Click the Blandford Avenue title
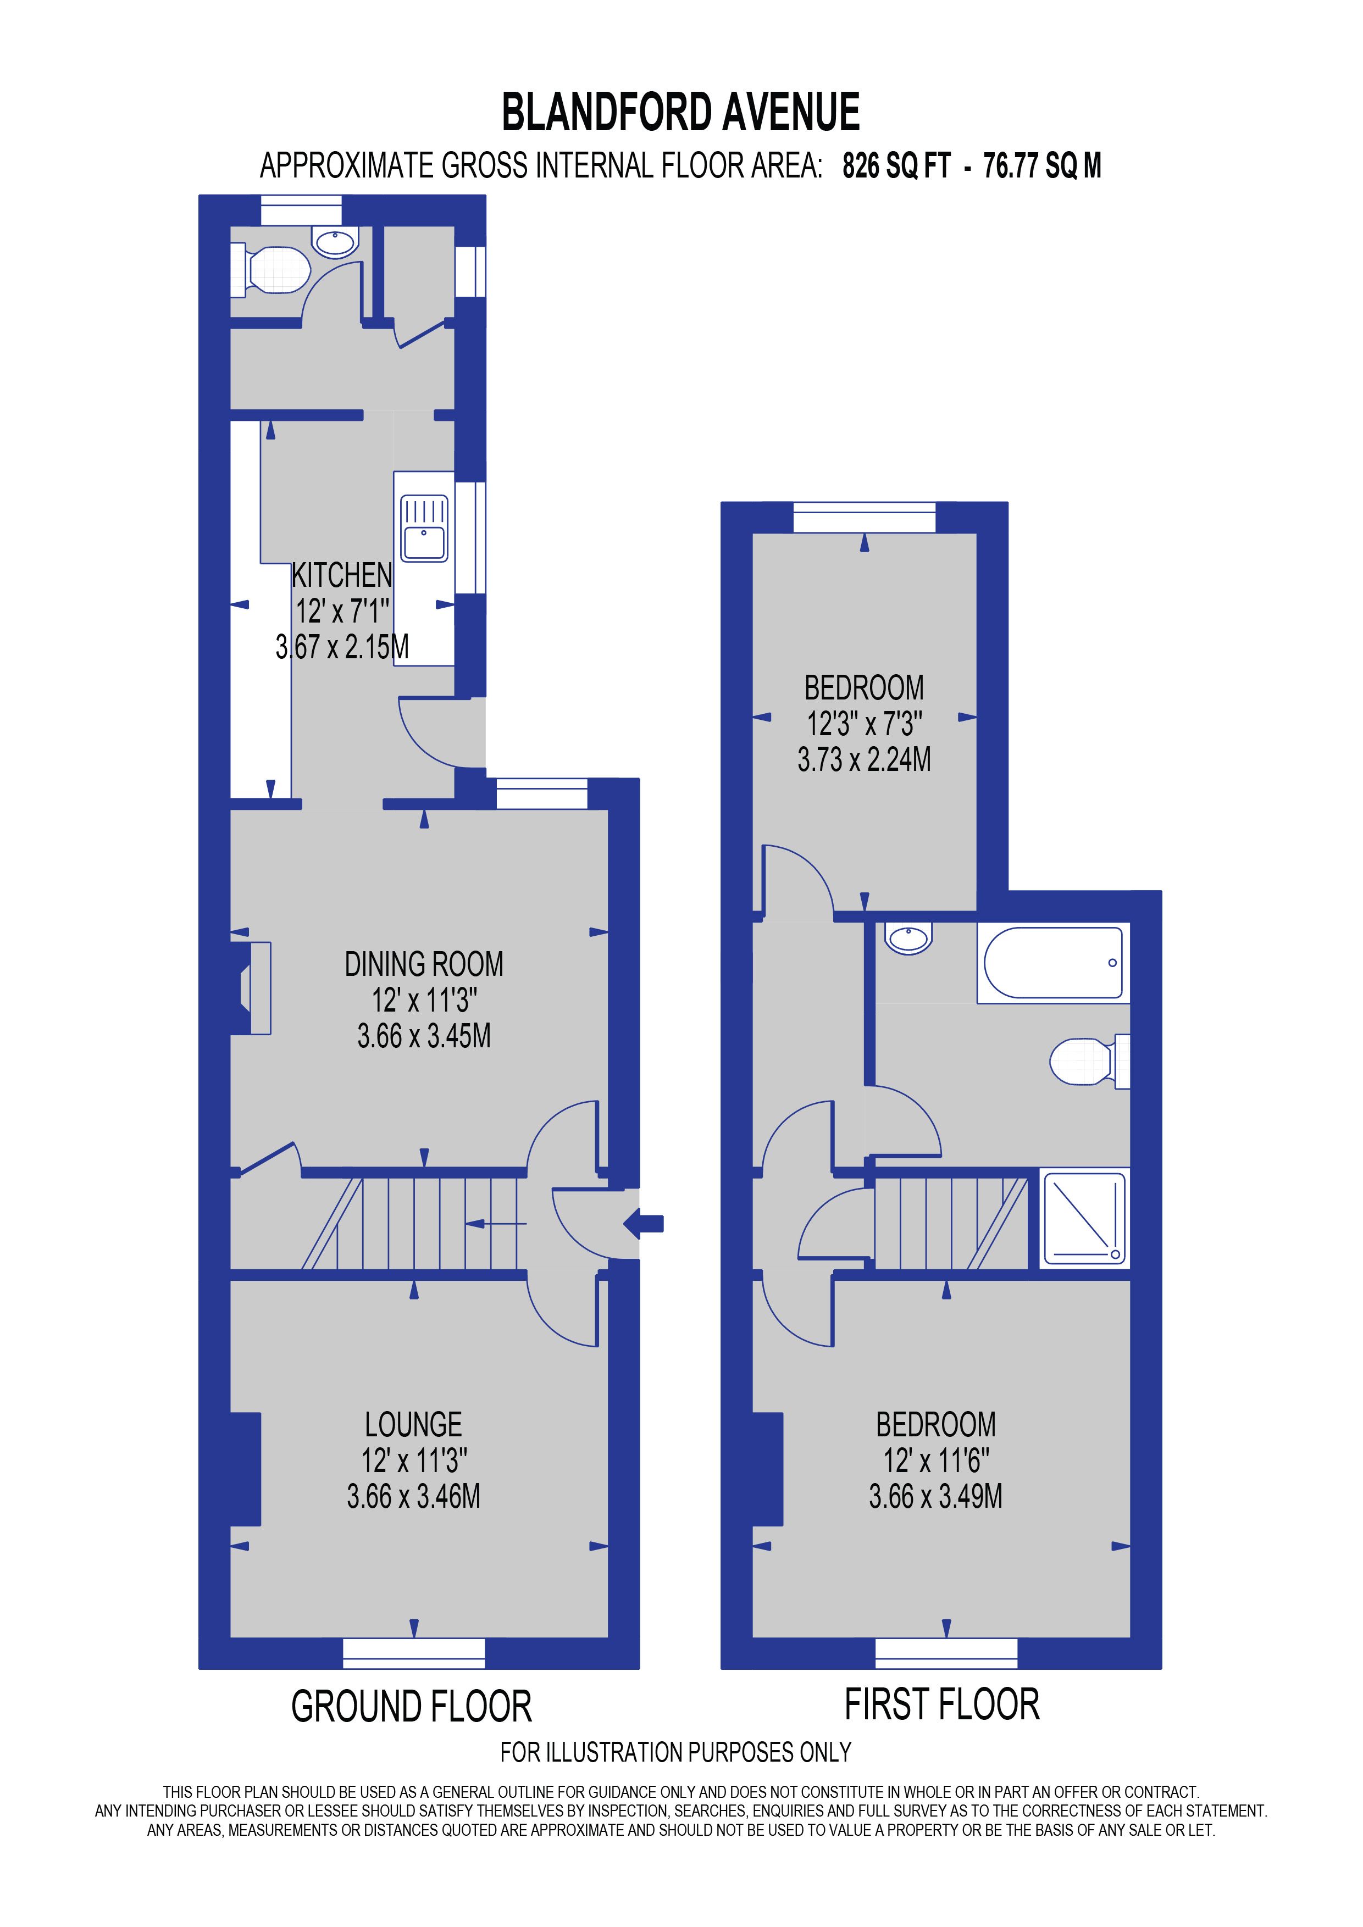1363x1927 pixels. tap(680, 113)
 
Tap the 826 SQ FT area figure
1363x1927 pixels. tap(896, 166)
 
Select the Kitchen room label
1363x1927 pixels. tap(342, 576)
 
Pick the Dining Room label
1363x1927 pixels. tap(424, 964)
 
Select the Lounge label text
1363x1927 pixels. tap(413, 1425)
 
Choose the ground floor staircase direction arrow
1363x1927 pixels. tap(495, 1224)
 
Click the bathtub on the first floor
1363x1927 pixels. tap(1054, 963)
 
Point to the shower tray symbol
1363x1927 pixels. tap(1083, 1219)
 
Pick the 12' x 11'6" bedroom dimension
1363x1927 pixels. tap(936, 1461)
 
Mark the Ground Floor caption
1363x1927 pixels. tap(411, 1707)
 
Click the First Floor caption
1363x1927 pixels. tap(941, 1706)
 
